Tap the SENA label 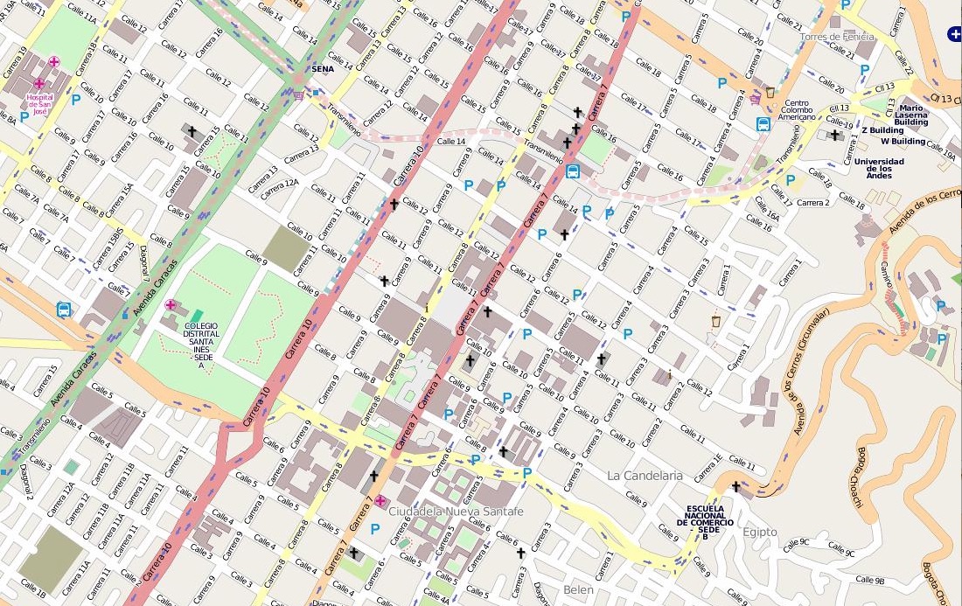(323, 68)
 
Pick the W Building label (903, 141)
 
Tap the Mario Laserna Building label (910, 115)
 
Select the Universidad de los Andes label (879, 167)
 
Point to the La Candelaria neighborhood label (644, 475)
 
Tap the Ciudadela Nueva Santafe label (456, 511)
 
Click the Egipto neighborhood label (759, 532)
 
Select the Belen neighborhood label (578, 590)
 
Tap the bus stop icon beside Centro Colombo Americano (763, 124)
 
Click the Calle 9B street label (870, 580)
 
